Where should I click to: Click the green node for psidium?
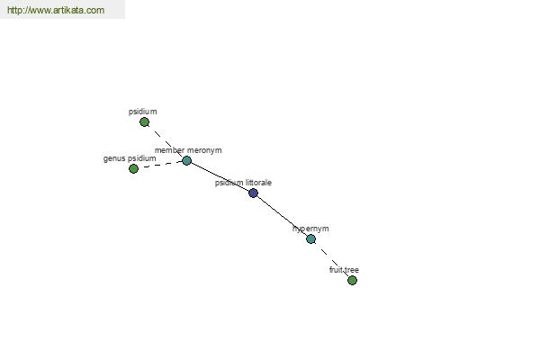coord(144,122)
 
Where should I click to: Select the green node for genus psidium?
coord(133,169)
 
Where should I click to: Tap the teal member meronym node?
coord(186,160)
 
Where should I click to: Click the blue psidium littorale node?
coord(253,193)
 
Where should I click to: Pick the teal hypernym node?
coord(311,238)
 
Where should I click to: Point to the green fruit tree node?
coord(352,281)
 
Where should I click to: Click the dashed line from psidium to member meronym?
coord(166,141)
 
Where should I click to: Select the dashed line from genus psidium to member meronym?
coord(160,165)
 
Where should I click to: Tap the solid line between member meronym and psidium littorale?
coord(220,176)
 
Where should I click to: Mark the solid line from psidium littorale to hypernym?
coord(282,216)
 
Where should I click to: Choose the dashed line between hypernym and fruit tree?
coord(331,259)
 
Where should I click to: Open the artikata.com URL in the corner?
coord(56,10)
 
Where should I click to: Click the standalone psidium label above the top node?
coord(142,112)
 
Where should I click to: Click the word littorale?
coord(258,183)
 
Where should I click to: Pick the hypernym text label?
coord(310,229)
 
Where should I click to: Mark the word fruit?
coord(336,270)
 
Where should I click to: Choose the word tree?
coord(351,270)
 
